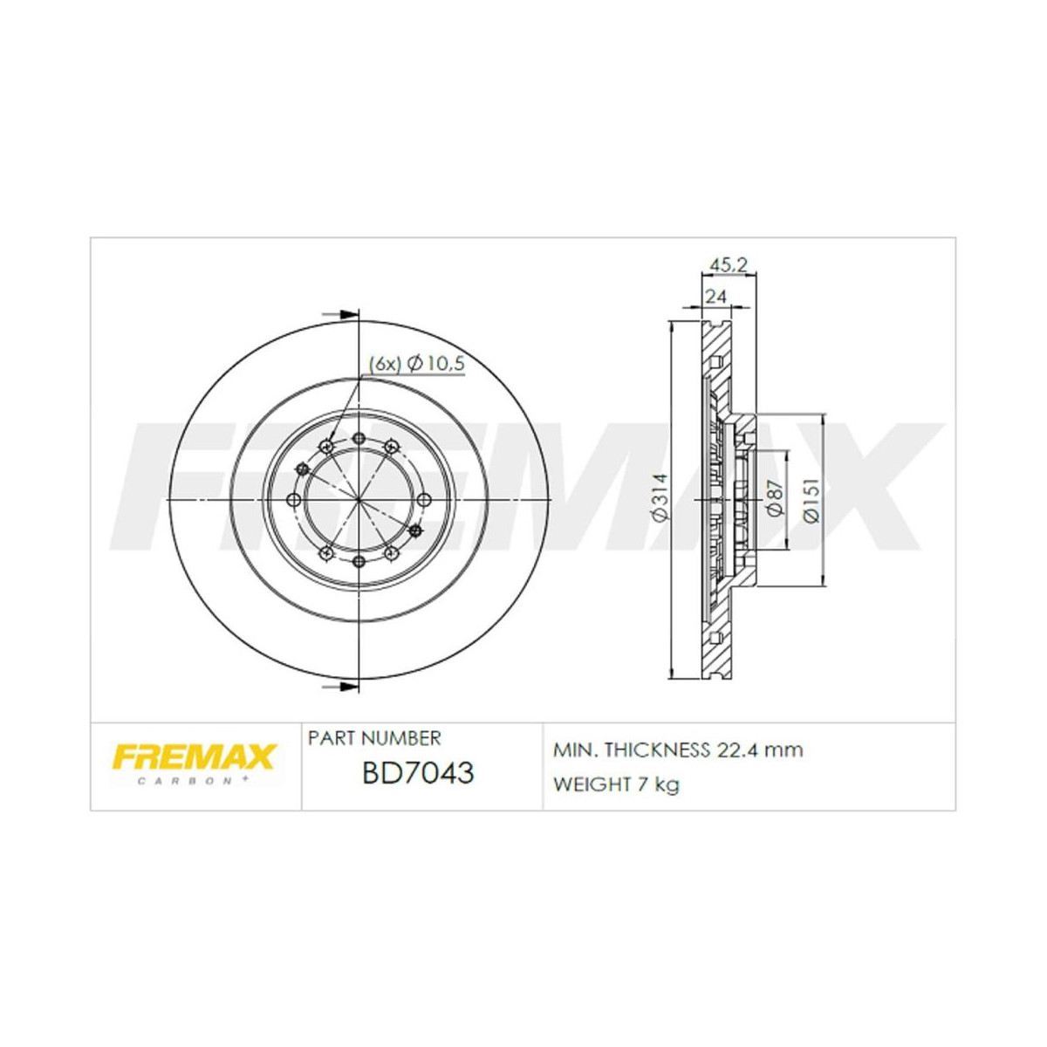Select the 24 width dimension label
click(715, 296)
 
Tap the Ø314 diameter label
click(660, 497)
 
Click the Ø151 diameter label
click(811, 500)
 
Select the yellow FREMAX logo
click(194, 755)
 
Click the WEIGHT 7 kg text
click(616, 784)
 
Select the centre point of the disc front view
click(359, 500)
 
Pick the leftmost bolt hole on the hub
click(294, 500)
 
